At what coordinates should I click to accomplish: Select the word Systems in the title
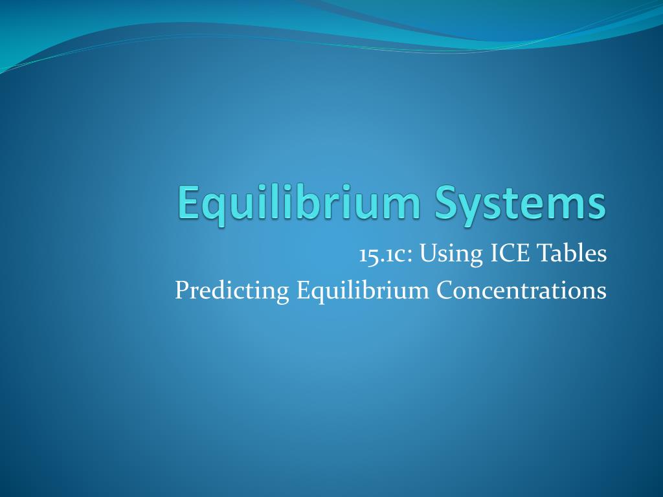click(x=521, y=203)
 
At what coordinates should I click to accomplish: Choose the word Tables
click(x=572, y=254)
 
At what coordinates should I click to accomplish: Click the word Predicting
click(x=232, y=291)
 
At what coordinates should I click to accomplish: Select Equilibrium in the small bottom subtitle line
click(x=363, y=291)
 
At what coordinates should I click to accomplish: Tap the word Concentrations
click(x=521, y=290)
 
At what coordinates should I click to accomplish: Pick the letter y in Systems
click(x=473, y=207)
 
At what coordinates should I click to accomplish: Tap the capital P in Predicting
click(x=181, y=290)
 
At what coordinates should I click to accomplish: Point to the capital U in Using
click(x=427, y=254)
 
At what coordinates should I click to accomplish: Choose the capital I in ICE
click(x=492, y=254)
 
